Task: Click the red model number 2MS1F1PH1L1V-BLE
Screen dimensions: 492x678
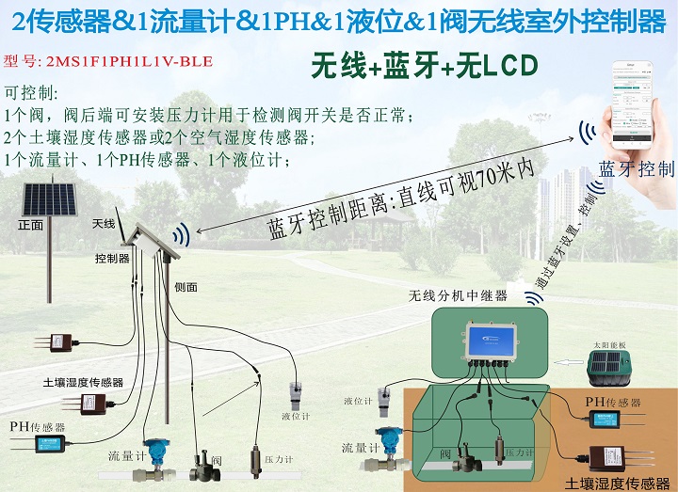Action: pyautogui.click(x=108, y=62)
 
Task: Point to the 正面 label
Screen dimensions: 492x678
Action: pyautogui.click(x=30, y=226)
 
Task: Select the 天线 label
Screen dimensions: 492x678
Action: pyautogui.click(x=104, y=223)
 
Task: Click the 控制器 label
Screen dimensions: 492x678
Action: pyautogui.click(x=112, y=258)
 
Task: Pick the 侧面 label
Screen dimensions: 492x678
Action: pyautogui.click(x=186, y=287)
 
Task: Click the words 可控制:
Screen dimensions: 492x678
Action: pyautogui.click(x=31, y=95)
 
